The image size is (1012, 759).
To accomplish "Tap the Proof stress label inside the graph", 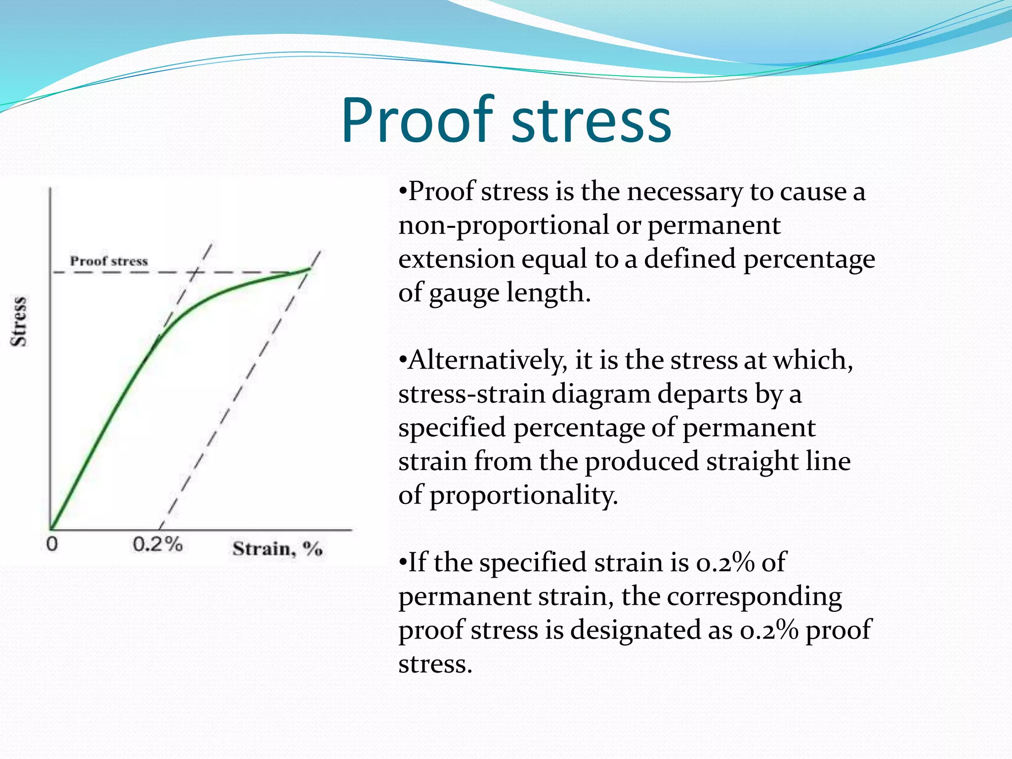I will [109, 261].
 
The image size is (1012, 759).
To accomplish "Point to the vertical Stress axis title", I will [19, 322].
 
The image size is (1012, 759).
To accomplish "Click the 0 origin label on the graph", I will [52, 544].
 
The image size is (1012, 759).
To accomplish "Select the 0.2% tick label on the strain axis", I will [158, 545].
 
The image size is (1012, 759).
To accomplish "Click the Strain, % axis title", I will [277, 548].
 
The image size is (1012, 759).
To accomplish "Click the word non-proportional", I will [504, 226].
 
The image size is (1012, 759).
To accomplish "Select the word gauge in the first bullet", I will [464, 294].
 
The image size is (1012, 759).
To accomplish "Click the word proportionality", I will [524, 496].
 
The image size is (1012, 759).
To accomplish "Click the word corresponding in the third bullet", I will [755, 597].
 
